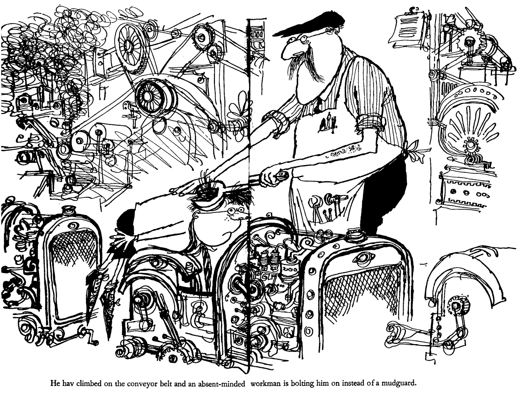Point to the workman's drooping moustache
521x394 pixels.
click(306, 64)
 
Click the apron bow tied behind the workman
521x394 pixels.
click(413, 148)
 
